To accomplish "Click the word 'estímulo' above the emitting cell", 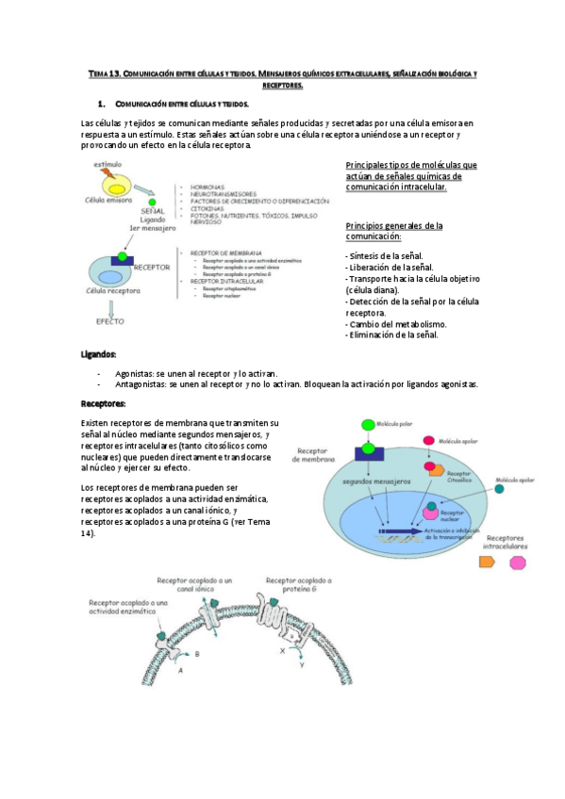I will pyautogui.click(x=108, y=165).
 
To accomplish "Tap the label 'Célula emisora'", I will pyautogui.click(x=108, y=201).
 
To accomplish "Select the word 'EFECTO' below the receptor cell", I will pyautogui.click(x=109, y=321).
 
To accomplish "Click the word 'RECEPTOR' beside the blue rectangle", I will pyautogui.click(x=152, y=267).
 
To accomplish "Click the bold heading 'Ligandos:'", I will pyautogui.click(x=99, y=354).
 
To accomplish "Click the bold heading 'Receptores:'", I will pyautogui.click(x=104, y=404).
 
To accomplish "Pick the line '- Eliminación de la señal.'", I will pyautogui.click(x=392, y=334).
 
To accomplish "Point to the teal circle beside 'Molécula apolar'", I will pyautogui.click(x=498, y=488).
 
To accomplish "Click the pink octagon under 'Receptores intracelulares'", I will pyautogui.click(x=517, y=563).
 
